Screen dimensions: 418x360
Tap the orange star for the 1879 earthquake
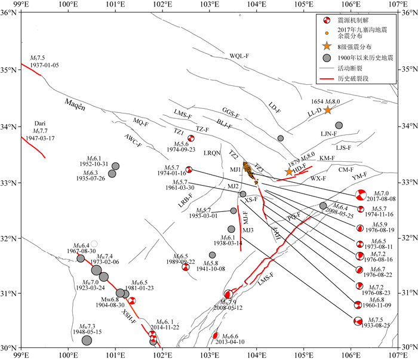[x=290, y=172]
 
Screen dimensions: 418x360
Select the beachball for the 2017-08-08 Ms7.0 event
[x=360, y=195]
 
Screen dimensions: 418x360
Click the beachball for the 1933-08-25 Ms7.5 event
[x=358, y=322]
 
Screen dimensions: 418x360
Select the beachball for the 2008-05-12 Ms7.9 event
[x=228, y=294]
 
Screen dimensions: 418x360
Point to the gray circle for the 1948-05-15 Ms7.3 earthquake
[x=87, y=340]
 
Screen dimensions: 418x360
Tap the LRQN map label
[x=212, y=153]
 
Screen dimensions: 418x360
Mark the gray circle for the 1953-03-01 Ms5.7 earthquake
[x=233, y=211]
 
